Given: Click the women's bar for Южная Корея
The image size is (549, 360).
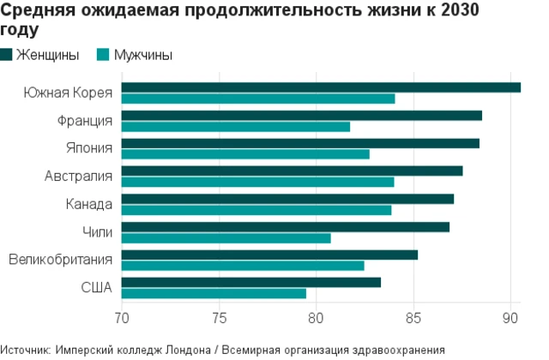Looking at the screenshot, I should [x=321, y=87].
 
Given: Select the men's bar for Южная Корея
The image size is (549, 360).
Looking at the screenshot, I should [x=258, y=99].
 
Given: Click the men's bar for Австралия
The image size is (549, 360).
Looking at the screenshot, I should [x=257, y=182].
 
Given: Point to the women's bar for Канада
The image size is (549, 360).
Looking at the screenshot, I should [x=287, y=199].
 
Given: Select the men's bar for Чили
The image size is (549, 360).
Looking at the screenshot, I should [x=226, y=237].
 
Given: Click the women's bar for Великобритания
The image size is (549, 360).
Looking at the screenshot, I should [x=269, y=255].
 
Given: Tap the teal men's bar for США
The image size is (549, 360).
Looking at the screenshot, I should [x=214, y=293].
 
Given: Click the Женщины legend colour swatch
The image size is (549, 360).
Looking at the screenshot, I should [x=7, y=55].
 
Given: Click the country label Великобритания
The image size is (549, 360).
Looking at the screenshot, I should [x=60, y=260].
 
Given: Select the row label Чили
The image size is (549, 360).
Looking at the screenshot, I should [x=97, y=232].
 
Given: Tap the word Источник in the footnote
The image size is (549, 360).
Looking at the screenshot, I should [x=25, y=350].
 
